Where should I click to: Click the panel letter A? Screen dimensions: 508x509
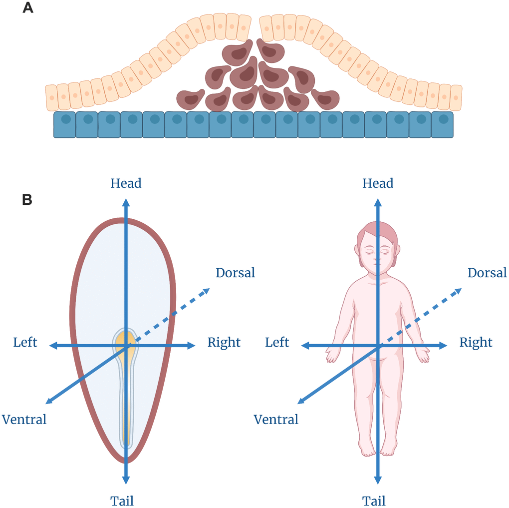pyautogui.click(x=28, y=8)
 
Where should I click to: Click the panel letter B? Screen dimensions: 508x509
pyautogui.click(x=27, y=200)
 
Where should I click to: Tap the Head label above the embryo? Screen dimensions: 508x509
pyautogui.click(x=126, y=183)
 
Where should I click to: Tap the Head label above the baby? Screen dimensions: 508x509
pyautogui.click(x=378, y=183)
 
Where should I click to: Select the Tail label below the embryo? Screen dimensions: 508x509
pyautogui.click(x=122, y=501)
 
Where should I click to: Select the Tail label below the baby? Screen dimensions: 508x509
pyautogui.click(x=374, y=501)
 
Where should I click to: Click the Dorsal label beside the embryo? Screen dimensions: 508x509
pyautogui.click(x=236, y=273)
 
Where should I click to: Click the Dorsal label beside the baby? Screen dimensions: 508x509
pyautogui.click(x=488, y=273)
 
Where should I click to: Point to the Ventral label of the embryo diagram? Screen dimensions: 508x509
pyautogui.click(x=24, y=419)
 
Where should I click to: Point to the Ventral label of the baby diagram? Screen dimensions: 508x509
pyautogui.click(x=276, y=419)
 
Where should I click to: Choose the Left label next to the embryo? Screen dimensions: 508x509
pyautogui.click(x=25, y=342)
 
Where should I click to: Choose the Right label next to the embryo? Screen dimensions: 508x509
pyautogui.click(x=224, y=342)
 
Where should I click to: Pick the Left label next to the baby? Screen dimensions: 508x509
pyautogui.click(x=277, y=342)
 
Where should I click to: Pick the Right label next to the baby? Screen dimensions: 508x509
pyautogui.click(x=476, y=342)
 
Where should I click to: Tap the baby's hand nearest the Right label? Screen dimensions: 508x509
pyautogui.click(x=423, y=355)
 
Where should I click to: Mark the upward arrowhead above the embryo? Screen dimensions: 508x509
pyautogui.click(x=126, y=202)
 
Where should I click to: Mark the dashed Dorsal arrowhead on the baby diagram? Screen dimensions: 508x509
pyautogui.click(x=457, y=291)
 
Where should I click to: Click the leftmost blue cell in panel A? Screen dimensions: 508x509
pyautogui.click(x=64, y=124)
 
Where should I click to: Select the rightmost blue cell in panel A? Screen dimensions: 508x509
pyautogui.click(x=443, y=124)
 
